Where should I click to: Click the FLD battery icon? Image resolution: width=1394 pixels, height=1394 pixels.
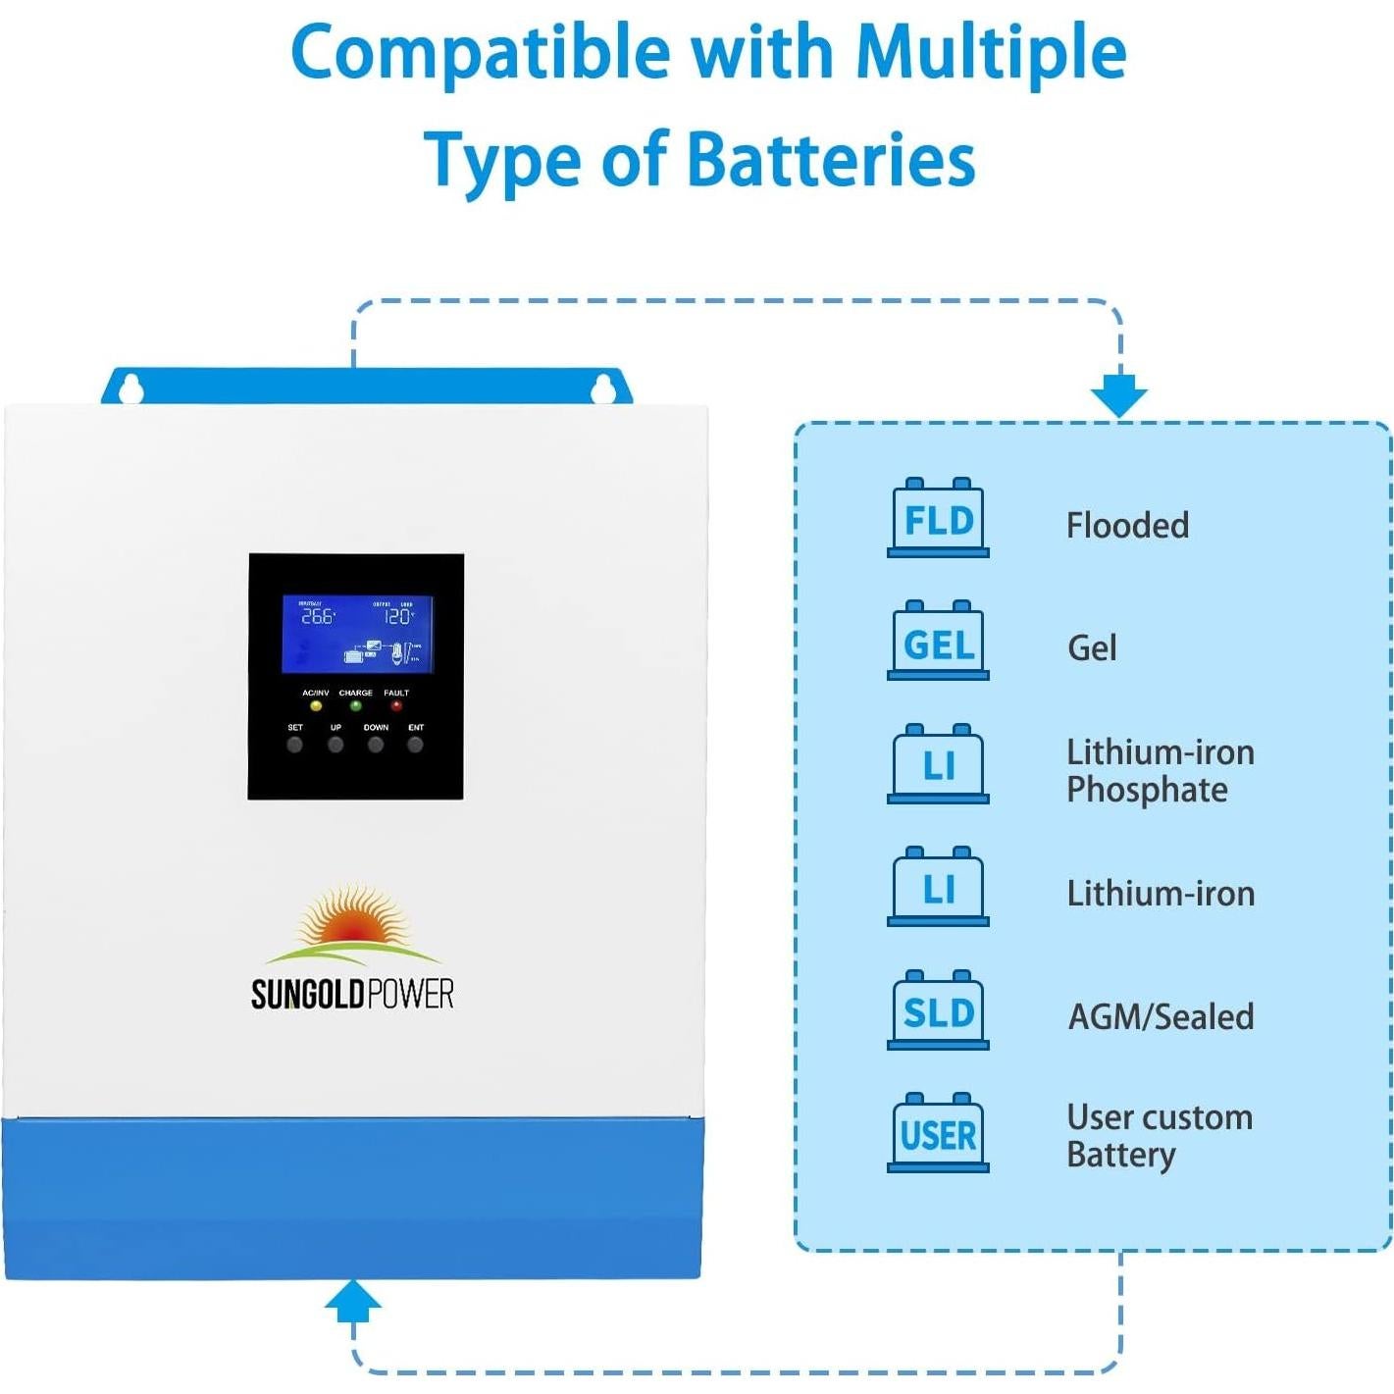[x=938, y=519]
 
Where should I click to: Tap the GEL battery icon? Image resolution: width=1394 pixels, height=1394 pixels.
[x=938, y=642]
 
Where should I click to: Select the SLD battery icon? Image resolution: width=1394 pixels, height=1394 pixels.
[x=938, y=1011]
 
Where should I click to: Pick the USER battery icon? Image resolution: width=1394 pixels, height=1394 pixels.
[x=938, y=1134]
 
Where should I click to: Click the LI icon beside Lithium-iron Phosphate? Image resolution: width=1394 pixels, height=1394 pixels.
[x=938, y=765]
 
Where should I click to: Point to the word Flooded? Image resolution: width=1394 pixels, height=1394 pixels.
[x=1127, y=526]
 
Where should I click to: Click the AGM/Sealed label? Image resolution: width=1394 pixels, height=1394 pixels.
[x=1161, y=1017]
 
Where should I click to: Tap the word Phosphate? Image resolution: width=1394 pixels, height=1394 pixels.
[x=1147, y=791]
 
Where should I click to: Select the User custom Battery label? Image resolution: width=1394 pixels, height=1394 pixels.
[x=1159, y=1136]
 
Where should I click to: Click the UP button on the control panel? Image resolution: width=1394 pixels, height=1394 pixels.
[x=336, y=745]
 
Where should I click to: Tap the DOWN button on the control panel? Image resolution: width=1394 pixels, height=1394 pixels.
[x=376, y=745]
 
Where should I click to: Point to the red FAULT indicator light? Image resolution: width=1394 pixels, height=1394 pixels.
[x=396, y=705]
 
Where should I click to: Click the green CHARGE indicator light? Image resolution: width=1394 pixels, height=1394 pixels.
[x=356, y=705]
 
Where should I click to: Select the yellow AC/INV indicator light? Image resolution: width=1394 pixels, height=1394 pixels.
[x=316, y=705]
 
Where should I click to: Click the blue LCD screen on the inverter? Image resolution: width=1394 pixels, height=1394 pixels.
[x=357, y=634]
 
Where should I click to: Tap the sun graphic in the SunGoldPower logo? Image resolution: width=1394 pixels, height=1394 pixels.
[x=352, y=922]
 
